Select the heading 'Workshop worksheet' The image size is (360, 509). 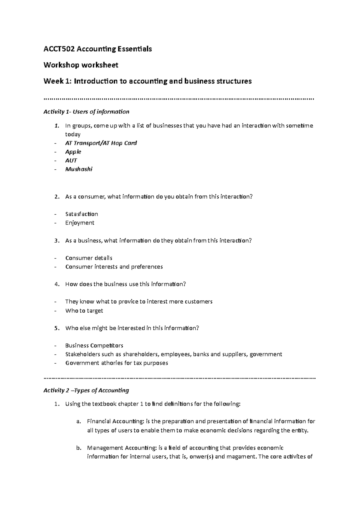(81, 65)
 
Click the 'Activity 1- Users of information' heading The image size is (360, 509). (86, 112)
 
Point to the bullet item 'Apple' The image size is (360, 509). (73, 152)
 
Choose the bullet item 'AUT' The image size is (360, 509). (71, 160)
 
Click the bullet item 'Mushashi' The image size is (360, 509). (79, 169)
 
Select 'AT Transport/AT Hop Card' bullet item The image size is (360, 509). (101, 143)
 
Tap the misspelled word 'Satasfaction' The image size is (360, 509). (82, 214)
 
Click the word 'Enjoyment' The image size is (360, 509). (79, 223)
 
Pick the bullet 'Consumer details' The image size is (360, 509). (88, 258)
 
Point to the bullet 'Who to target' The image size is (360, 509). (84, 311)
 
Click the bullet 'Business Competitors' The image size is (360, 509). (94, 345)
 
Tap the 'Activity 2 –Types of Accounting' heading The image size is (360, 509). (86, 390)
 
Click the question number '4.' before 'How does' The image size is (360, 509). (57, 284)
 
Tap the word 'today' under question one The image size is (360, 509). (73, 134)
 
